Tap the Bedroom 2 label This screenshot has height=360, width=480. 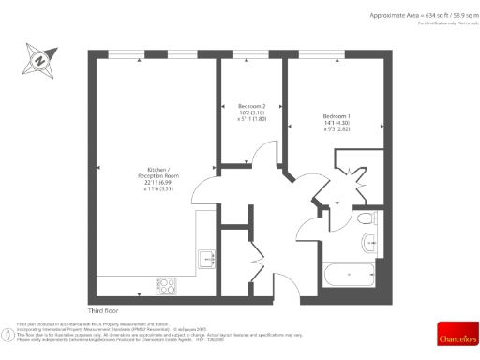(x=252, y=106)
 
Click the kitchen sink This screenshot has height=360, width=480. (x=205, y=259)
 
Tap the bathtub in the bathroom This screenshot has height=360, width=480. (x=348, y=275)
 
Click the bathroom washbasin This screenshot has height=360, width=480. (x=369, y=245)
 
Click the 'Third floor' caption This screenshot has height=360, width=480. (x=104, y=309)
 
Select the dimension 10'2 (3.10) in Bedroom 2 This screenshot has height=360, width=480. (x=252, y=112)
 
